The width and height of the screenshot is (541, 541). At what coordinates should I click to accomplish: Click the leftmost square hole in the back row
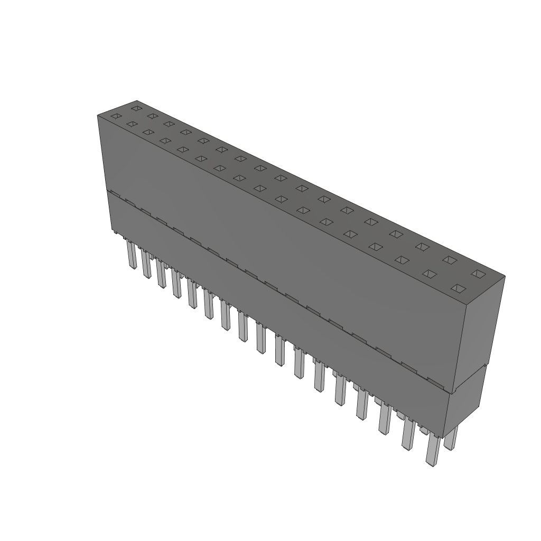(x=136, y=108)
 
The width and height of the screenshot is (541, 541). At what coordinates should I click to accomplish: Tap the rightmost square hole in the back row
(x=478, y=273)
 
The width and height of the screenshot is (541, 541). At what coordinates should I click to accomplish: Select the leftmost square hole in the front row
(x=116, y=116)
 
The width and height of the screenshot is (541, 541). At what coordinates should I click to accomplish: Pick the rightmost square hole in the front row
(x=458, y=288)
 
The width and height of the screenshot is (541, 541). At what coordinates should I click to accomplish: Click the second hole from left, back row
(x=152, y=116)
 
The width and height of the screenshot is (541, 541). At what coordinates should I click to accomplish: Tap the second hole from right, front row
(x=430, y=274)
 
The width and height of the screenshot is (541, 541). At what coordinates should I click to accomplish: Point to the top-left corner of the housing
(x=98, y=115)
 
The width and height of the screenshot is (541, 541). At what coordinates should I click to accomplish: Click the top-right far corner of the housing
(x=505, y=276)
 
